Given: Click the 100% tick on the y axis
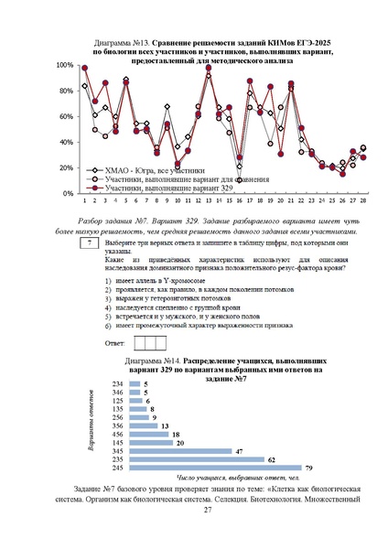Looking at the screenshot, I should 66,66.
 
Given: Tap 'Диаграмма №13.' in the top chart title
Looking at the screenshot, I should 124,43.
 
